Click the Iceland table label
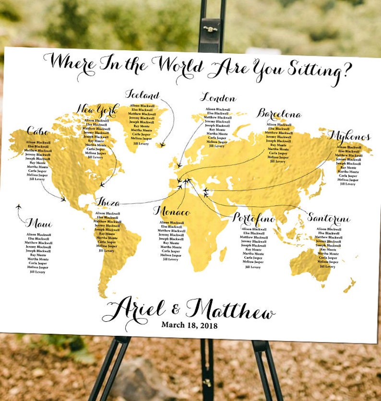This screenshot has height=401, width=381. point(142,94)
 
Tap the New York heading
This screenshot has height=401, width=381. point(97,110)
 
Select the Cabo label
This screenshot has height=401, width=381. point(38,131)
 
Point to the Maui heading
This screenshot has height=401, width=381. point(38,223)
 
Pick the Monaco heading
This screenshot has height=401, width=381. point(172,212)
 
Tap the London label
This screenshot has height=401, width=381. point(218,98)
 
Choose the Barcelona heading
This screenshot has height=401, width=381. point(279,114)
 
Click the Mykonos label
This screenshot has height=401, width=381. point(349,137)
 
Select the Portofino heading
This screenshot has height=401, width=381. point(254,219)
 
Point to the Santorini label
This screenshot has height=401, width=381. point(329,218)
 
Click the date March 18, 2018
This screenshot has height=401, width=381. point(189,325)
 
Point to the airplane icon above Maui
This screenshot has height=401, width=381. point(19,207)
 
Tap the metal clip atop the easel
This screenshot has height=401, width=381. point(210,29)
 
